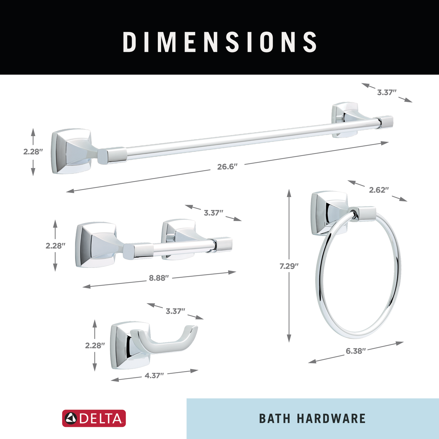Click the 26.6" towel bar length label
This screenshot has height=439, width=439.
pos(227,167)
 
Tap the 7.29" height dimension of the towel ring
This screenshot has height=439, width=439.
pos(289,266)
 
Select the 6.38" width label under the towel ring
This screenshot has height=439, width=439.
pos(356,351)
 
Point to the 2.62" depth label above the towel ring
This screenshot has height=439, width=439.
pos(379,190)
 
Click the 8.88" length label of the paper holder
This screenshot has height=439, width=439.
pos(159,278)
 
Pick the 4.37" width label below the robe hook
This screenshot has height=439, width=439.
pos(154,376)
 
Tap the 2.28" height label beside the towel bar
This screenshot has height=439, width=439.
pos(33,152)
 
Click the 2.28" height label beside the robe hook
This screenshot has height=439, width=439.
pos(95,346)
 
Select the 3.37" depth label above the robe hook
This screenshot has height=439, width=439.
pos(175,311)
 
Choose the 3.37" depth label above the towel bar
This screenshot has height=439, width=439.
pos(387,93)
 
